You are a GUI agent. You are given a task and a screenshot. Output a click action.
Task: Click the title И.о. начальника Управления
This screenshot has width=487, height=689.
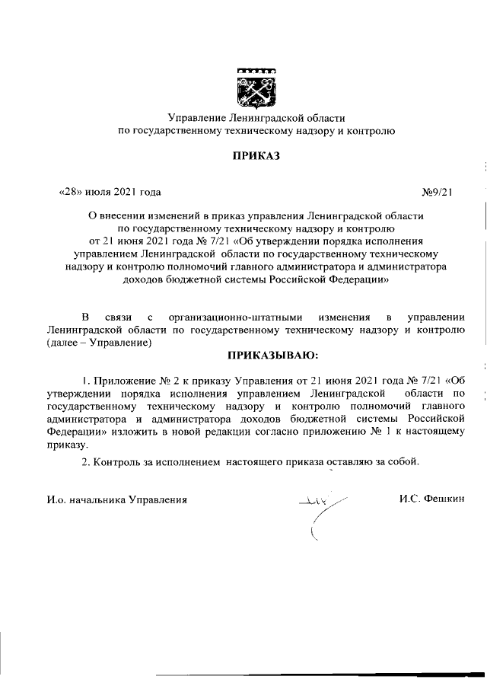116,499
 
